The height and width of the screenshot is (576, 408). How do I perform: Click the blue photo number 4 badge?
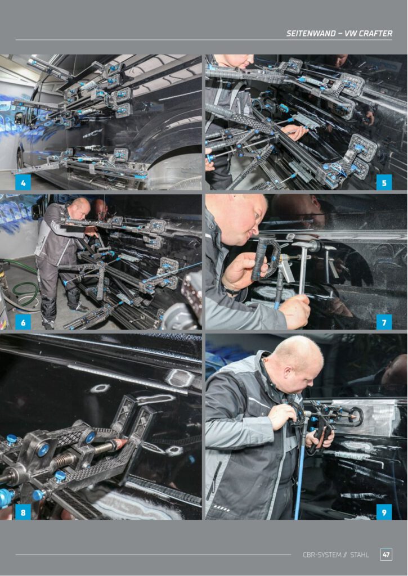[23, 182]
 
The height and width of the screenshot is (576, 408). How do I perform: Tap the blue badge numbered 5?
[384, 182]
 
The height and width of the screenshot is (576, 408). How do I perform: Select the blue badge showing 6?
[23, 322]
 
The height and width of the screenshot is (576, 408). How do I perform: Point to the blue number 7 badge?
[384, 322]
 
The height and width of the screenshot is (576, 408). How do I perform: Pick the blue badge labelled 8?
[23, 512]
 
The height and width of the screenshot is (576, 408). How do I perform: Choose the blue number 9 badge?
[384, 512]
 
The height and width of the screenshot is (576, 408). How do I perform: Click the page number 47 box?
[386, 555]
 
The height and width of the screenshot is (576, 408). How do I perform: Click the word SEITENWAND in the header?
[311, 33]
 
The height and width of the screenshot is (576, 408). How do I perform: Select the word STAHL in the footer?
[360, 555]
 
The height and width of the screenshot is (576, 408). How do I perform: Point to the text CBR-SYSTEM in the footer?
[322, 555]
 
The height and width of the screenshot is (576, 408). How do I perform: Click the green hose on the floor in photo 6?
[22, 286]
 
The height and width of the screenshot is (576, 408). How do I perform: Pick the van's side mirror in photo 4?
[19, 118]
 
